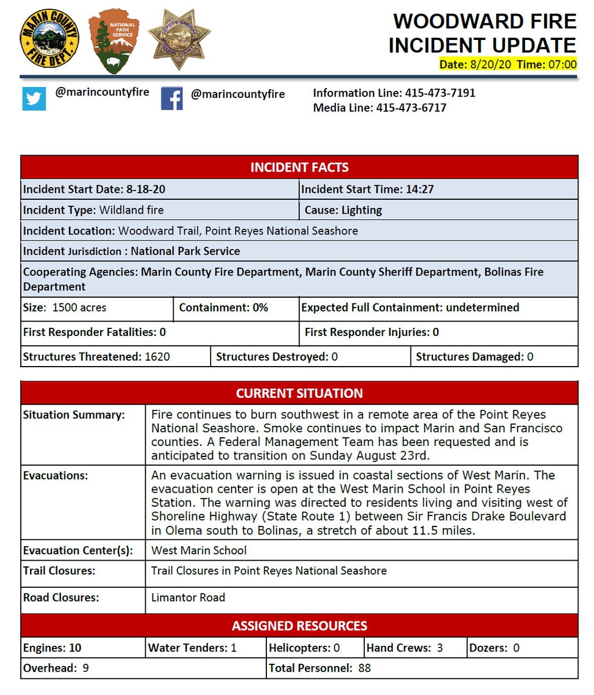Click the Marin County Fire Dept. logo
pyautogui.click(x=49, y=39)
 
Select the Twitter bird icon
pyautogui.click(x=34, y=98)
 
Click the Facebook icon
pyautogui.click(x=172, y=98)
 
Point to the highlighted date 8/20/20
pyautogui.click(x=492, y=64)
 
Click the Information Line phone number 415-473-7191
pyautogui.click(x=440, y=93)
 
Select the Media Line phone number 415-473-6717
pyautogui.click(x=411, y=108)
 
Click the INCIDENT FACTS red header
pyautogui.click(x=299, y=167)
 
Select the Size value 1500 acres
pyautogui.click(x=79, y=308)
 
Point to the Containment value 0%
pyautogui.click(x=260, y=308)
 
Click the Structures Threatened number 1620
pyautogui.click(x=157, y=357)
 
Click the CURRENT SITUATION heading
pyautogui.click(x=299, y=393)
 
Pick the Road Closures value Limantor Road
pyautogui.click(x=188, y=597)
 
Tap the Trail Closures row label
pyautogui.click(x=59, y=570)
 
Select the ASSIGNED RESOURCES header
pyautogui.click(x=299, y=626)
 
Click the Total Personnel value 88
pyautogui.click(x=364, y=668)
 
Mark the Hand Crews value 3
pyautogui.click(x=439, y=648)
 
